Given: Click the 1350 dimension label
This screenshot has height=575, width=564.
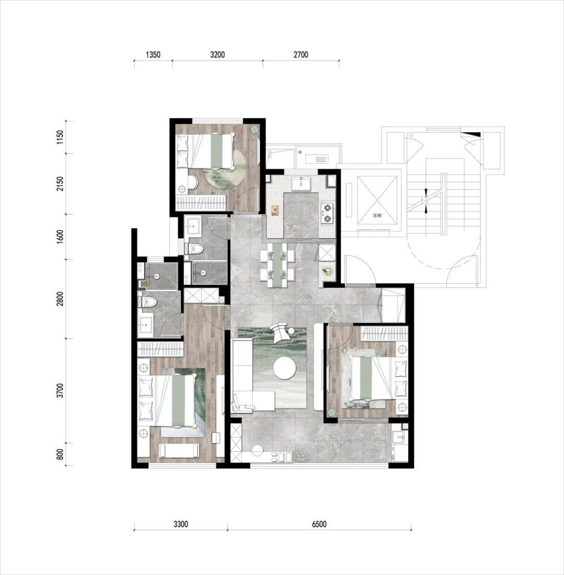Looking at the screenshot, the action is click(153, 55).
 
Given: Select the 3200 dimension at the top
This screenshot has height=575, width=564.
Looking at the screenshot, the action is click(217, 55).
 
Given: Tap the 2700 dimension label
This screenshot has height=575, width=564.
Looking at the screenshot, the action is click(301, 55).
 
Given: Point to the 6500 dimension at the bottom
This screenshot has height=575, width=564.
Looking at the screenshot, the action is click(319, 524).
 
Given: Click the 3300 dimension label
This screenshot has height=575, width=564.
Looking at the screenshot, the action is click(181, 524).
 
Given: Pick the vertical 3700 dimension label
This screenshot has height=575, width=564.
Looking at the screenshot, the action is click(61, 391).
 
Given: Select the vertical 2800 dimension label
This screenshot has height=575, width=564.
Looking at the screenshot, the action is click(61, 299).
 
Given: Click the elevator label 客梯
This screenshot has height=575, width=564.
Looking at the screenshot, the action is click(377, 215).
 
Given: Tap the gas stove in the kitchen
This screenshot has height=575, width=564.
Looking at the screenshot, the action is click(327, 214).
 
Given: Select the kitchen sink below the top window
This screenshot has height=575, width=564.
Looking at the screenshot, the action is click(301, 184).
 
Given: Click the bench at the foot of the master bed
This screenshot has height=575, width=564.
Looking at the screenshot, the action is click(179, 450).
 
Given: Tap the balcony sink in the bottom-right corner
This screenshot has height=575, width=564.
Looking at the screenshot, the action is click(398, 438).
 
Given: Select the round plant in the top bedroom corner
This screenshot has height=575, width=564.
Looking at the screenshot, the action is click(254, 129).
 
